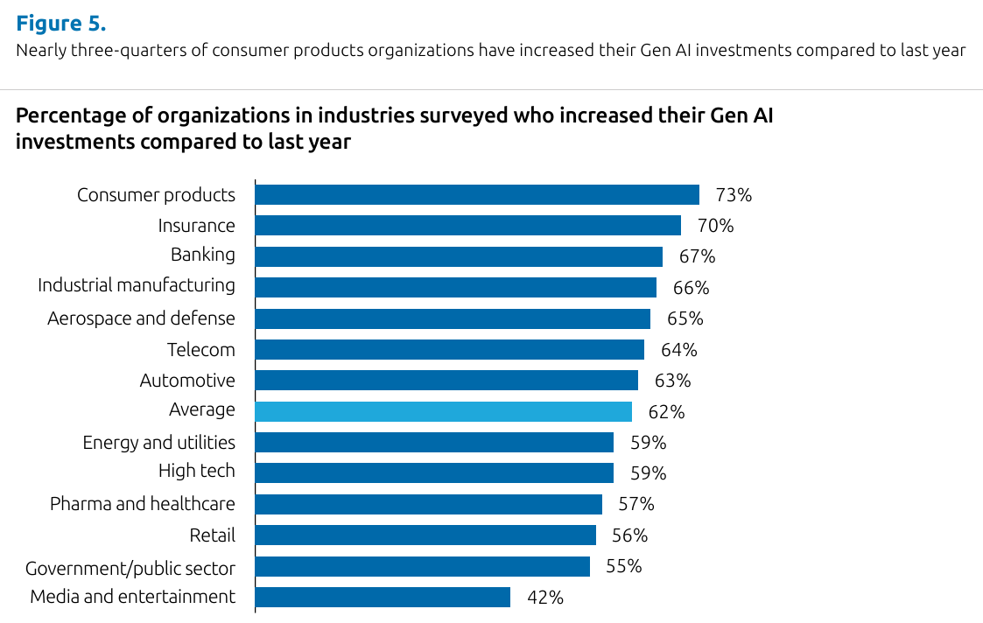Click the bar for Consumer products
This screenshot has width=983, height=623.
(477, 194)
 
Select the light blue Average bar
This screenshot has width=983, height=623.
(443, 411)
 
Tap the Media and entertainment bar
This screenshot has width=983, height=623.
(383, 597)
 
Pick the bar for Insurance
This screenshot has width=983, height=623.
(467, 225)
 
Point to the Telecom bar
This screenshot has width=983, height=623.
(449, 349)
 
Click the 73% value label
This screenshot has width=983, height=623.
(734, 194)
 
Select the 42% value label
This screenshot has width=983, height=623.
(544, 598)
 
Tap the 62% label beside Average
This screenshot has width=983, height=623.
(666, 411)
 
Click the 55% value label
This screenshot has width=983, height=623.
(623, 566)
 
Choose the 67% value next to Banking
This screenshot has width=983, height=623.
(697, 256)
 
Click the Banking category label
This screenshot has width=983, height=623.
(203, 255)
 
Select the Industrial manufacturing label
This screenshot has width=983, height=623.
(137, 285)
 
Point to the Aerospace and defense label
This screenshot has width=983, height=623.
(141, 318)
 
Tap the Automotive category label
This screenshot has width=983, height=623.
(187, 381)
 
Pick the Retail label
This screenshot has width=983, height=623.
(213, 535)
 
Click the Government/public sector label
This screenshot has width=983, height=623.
(130, 569)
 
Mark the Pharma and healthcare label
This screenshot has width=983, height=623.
(143, 503)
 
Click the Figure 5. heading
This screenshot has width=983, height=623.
(60, 23)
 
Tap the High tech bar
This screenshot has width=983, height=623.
(434, 473)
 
